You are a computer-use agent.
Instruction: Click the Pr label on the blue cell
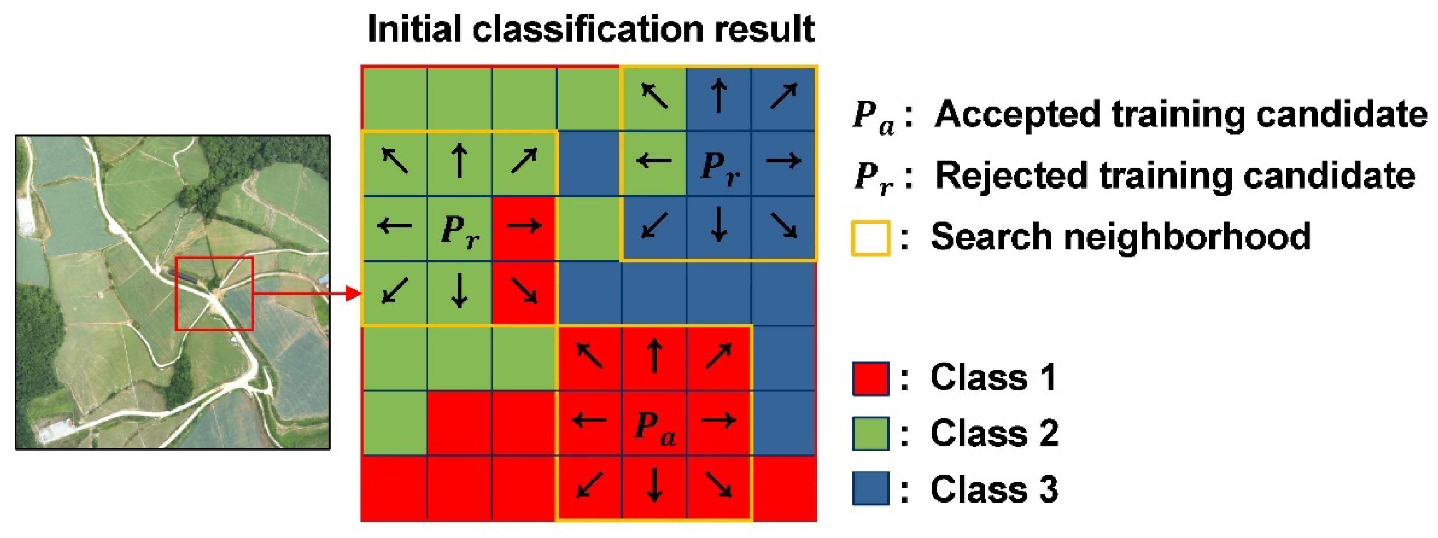pos(719,168)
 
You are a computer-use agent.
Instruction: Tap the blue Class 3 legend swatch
pos(870,489)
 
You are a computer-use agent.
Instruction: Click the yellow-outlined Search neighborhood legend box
pos(870,238)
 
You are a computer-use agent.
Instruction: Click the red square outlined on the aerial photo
pos(214,293)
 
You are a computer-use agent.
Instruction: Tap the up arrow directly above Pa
pos(654,356)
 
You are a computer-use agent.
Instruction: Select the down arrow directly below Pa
pos(654,487)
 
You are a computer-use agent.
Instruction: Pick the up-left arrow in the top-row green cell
pos(654,96)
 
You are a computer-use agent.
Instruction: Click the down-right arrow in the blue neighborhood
pos(783,226)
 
